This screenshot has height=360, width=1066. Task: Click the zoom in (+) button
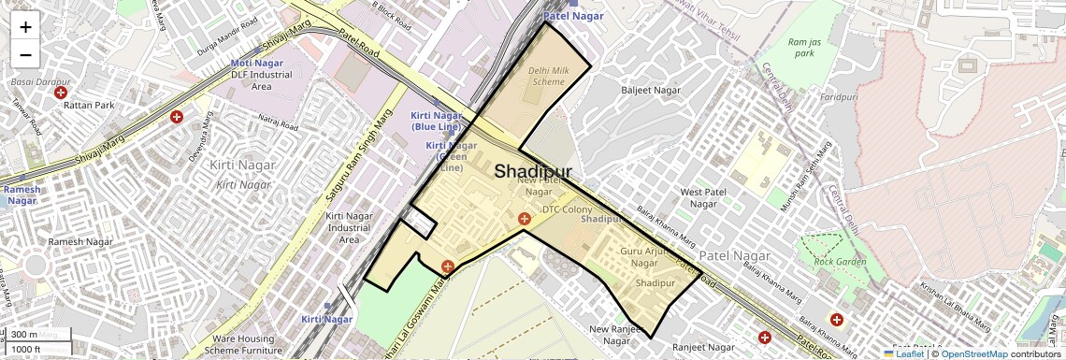[25, 27]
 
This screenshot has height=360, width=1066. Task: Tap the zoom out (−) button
[25, 54]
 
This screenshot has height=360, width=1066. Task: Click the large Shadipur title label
[532, 171]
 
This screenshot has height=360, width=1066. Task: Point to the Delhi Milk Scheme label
[545, 76]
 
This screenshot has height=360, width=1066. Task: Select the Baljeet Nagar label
[651, 91]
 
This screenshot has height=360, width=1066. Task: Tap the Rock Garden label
[835, 262]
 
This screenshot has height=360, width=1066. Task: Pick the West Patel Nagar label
[702, 197]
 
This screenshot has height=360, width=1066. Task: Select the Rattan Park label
[89, 106]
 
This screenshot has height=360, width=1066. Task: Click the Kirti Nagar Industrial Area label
[349, 228]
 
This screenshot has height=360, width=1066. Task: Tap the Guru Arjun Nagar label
[645, 257]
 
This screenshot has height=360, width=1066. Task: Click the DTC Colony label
[567, 209]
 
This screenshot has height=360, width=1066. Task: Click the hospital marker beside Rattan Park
[61, 93]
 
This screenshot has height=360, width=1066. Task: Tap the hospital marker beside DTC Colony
[525, 219]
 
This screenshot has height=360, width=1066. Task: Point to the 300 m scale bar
[37, 335]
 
